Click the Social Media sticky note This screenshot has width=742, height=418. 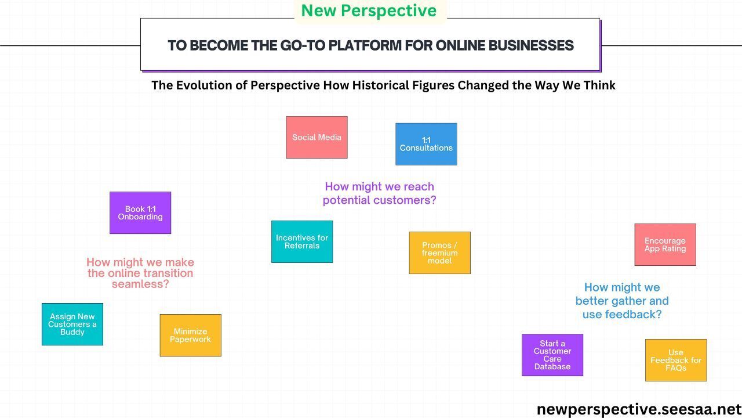(317, 138)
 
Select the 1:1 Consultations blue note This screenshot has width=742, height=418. (426, 144)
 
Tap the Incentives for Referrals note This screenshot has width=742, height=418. (302, 242)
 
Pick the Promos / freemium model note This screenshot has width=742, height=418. (439, 253)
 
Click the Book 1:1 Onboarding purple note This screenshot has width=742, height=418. (140, 213)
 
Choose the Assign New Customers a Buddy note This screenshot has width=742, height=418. (72, 325)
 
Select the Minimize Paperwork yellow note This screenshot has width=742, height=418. (190, 336)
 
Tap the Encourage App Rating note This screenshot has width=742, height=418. (665, 245)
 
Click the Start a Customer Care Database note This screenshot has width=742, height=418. (552, 355)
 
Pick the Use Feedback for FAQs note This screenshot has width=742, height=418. (675, 360)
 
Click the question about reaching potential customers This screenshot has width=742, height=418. (379, 193)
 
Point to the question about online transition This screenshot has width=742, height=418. (140, 273)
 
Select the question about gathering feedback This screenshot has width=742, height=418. (622, 301)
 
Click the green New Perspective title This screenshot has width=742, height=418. (369, 10)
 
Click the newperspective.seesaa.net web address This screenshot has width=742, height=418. (639, 409)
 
